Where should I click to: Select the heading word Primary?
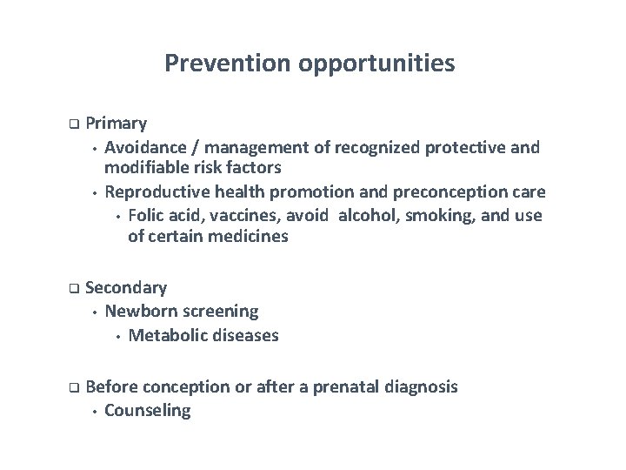[117, 124]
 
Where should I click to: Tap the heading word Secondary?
[127, 287]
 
